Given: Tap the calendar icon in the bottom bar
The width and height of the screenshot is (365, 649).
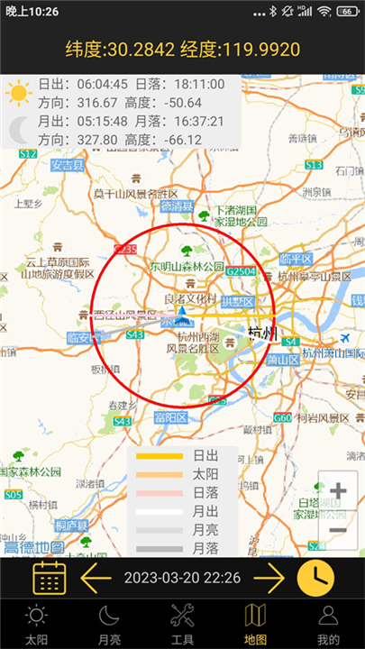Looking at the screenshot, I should click(50, 577).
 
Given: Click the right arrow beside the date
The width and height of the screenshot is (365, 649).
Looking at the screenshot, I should click(269, 577).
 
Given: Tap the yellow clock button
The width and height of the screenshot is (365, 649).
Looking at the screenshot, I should click(315, 577).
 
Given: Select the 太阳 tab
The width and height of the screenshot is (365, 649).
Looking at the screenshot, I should click(36, 624).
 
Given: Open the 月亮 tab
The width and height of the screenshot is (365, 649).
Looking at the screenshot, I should click(109, 624).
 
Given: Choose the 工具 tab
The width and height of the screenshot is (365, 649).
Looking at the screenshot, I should click(182, 624).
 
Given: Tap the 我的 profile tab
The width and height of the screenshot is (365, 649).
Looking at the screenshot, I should click(328, 624).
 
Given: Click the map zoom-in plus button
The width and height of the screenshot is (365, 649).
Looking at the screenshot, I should click(338, 491).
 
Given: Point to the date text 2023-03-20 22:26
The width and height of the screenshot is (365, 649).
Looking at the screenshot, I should click(182, 577).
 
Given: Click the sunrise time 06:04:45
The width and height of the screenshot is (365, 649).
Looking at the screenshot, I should click(92, 85).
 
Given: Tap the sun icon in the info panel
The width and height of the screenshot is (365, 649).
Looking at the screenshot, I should click(17, 93).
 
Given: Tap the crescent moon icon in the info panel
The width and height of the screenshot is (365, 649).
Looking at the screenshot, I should click(19, 132).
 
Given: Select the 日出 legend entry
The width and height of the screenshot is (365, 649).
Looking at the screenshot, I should click(204, 455).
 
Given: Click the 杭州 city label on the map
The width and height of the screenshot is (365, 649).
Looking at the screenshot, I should click(263, 334).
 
